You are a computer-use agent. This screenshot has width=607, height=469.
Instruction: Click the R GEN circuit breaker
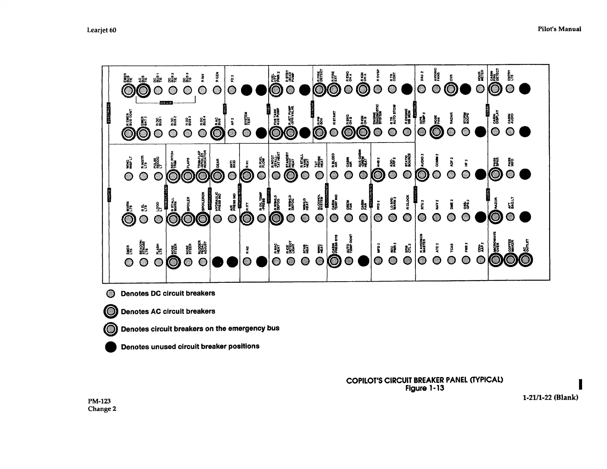(217, 90)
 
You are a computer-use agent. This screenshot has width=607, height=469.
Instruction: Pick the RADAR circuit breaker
(451, 132)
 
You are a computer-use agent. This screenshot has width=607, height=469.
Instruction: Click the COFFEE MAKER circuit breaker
(510, 261)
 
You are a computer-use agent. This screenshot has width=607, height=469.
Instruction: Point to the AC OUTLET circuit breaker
(525, 261)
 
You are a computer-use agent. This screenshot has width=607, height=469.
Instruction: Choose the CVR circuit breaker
(451, 90)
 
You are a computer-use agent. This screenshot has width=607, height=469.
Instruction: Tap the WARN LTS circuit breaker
(128, 219)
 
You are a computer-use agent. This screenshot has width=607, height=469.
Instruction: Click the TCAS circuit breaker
(451, 261)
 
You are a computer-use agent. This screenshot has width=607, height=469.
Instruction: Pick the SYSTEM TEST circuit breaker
(247, 132)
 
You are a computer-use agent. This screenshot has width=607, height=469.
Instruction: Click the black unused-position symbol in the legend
(111, 347)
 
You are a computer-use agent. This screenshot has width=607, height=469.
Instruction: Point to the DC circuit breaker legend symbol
(111, 294)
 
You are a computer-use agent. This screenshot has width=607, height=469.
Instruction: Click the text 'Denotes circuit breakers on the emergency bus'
(200, 329)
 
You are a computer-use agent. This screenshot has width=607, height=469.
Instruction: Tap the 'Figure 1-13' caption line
(425, 389)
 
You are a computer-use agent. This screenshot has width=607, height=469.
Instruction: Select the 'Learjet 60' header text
(102, 30)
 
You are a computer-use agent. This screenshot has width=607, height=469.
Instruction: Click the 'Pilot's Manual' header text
(559, 29)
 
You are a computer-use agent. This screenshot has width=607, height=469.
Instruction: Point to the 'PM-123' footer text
(99, 401)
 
